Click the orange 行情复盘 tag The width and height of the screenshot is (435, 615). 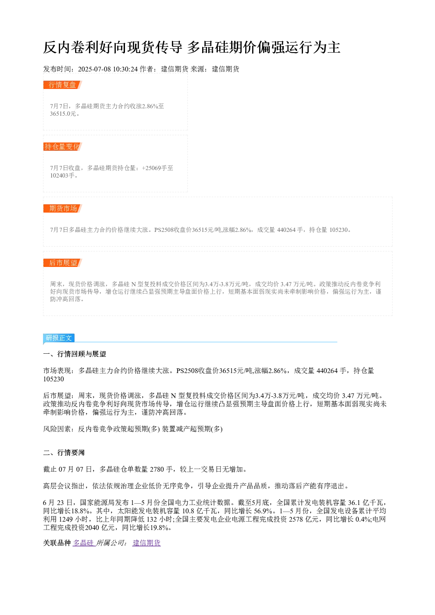tap(63, 85)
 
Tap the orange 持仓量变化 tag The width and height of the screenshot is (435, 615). tap(63, 146)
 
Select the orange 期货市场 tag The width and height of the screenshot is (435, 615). tap(63, 208)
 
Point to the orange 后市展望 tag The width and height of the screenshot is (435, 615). tap(63, 263)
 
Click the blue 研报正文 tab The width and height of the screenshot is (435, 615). tap(59, 338)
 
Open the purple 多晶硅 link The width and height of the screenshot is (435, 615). tap(83, 543)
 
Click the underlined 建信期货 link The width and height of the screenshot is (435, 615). tap(146, 543)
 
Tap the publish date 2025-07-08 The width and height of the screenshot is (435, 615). tap(94, 69)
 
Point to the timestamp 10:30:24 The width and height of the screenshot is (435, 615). tap(125, 69)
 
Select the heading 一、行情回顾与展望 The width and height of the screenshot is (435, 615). tap(75, 354)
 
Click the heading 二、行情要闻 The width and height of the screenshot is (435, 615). tap(64, 453)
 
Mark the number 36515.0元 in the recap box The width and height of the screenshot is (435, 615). tap(63, 114)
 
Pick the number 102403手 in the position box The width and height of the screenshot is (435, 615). tap(62, 175)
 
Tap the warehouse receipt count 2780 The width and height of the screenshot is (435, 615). tap(157, 469)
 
